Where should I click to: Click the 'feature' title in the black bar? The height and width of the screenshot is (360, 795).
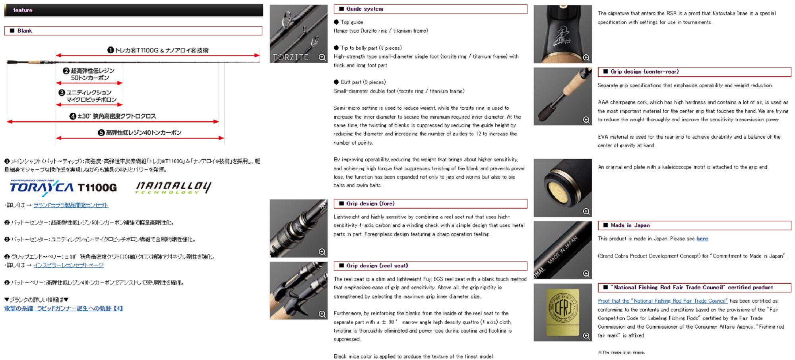click(23, 10)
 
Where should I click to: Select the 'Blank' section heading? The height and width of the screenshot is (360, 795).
click(25, 31)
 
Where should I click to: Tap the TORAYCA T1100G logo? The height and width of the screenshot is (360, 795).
click(63, 188)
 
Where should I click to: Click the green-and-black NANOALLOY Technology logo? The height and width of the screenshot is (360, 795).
click(173, 188)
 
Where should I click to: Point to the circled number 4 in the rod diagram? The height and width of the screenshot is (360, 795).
click(73, 116)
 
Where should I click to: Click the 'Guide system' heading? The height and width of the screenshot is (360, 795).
click(365, 9)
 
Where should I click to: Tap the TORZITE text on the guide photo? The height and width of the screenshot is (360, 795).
click(291, 57)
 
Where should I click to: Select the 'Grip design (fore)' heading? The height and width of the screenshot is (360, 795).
click(370, 203)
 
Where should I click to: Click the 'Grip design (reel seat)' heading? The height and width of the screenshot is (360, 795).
click(377, 265)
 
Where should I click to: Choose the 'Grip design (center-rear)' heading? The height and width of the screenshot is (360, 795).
click(644, 72)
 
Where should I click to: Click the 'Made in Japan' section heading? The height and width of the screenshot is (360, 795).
click(630, 225)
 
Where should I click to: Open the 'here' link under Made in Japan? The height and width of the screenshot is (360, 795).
click(702, 239)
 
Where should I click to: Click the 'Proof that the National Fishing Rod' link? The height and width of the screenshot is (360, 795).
click(663, 301)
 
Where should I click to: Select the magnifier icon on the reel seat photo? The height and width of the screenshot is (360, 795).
click(322, 314)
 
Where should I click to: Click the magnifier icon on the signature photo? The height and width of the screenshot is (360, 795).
click(586, 58)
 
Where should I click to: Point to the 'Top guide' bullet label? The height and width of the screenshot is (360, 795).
click(352, 22)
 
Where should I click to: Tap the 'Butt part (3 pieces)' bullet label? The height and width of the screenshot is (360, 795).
click(363, 82)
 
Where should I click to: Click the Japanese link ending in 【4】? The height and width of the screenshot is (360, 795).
click(64, 308)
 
